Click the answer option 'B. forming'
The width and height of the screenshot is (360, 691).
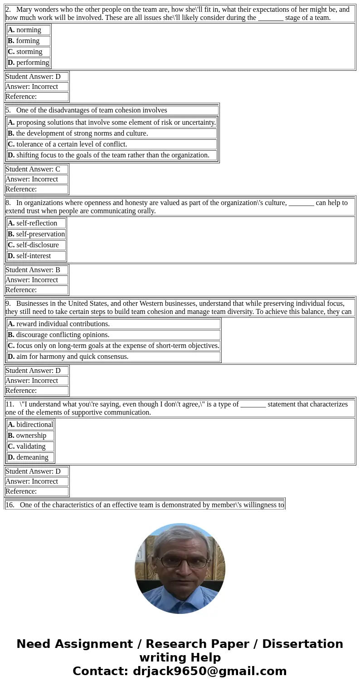tap(28, 41)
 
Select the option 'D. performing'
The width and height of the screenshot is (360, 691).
tap(28, 63)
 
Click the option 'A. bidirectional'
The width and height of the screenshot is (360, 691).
tap(30, 425)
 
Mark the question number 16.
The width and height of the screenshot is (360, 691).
tap(10, 505)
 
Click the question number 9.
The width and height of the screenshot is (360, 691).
tap(8, 304)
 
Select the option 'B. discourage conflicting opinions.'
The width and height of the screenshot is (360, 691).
tap(58, 335)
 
